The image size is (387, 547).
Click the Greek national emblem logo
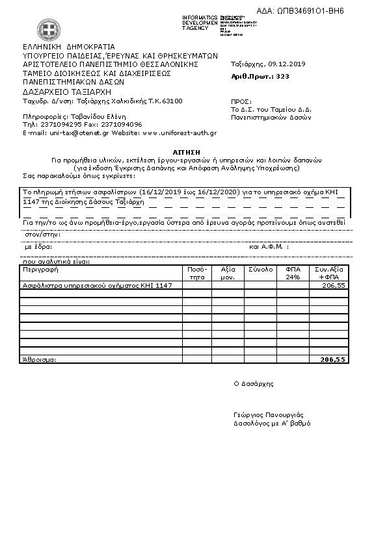[47, 29]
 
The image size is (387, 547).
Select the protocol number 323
[282, 76]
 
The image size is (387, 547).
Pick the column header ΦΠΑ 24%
[292, 272]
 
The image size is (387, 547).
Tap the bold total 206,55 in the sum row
[332, 359]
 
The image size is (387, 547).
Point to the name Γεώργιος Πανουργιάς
[268, 414]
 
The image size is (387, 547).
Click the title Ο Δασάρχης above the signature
[254, 383]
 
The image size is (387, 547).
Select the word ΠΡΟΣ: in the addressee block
[241, 102]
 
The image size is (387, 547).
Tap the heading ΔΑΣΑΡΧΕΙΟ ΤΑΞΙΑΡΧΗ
[67, 92]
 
